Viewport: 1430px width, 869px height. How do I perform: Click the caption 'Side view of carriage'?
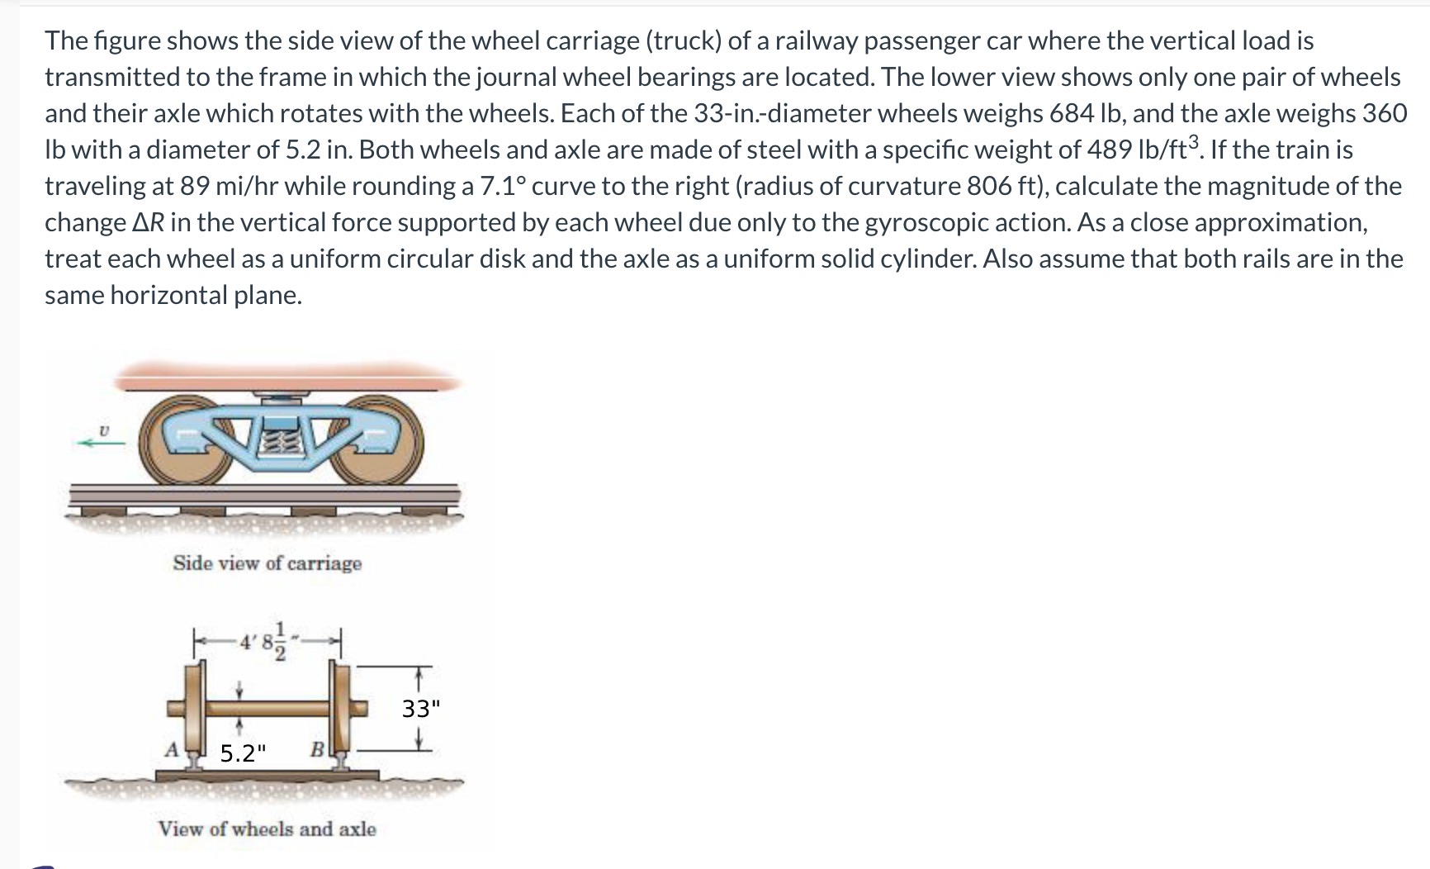(267, 563)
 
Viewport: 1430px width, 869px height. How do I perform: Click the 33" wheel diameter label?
(421, 709)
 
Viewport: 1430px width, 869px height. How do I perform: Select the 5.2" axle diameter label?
(244, 753)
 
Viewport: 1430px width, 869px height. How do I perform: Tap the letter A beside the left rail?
(172, 750)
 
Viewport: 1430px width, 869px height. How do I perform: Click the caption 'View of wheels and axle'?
(267, 829)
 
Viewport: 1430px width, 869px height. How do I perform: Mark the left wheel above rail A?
(197, 709)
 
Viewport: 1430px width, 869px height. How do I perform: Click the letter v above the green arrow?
(103, 429)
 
